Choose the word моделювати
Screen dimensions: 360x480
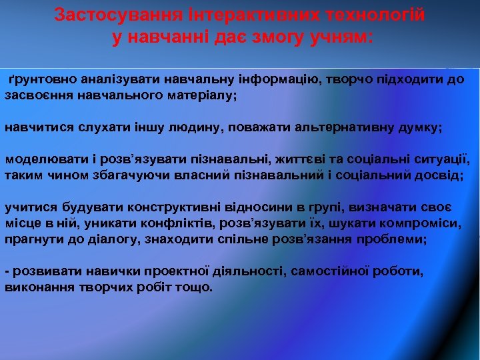[x=37, y=159]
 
